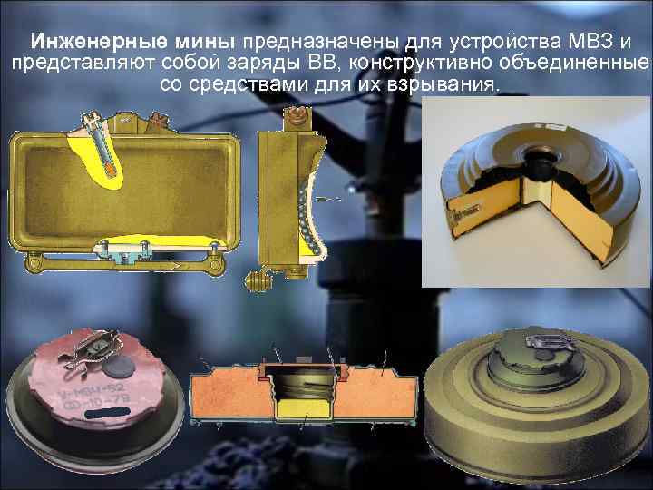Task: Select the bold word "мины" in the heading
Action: [187, 42]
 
